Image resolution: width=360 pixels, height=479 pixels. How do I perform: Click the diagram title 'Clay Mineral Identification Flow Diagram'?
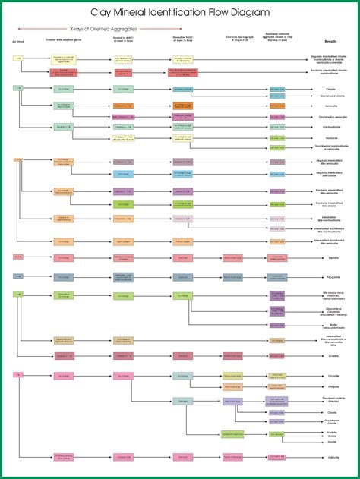(x=180, y=13)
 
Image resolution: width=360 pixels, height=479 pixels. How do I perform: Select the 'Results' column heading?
(x=331, y=42)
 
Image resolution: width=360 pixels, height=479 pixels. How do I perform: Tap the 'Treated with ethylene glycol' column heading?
(x=63, y=38)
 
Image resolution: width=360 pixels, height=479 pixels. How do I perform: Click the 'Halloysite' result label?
(x=333, y=457)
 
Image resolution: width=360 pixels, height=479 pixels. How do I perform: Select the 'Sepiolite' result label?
(x=333, y=258)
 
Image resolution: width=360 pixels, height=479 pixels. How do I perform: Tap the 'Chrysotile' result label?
(x=333, y=375)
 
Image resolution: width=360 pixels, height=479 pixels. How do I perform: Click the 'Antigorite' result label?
(x=333, y=386)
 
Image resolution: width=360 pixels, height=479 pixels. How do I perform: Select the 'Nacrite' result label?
(x=333, y=441)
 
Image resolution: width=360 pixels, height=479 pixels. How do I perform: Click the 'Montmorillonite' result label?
(x=333, y=127)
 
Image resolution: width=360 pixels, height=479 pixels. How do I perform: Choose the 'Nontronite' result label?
(x=333, y=137)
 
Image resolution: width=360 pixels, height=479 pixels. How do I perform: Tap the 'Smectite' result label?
(x=333, y=355)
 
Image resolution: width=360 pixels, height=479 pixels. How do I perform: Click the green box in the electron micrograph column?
(x=232, y=434)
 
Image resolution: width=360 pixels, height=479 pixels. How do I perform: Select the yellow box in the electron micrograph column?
(x=232, y=386)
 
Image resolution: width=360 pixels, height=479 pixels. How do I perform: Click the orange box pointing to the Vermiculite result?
(x=277, y=106)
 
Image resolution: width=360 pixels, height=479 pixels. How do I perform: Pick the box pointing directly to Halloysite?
(x=277, y=457)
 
